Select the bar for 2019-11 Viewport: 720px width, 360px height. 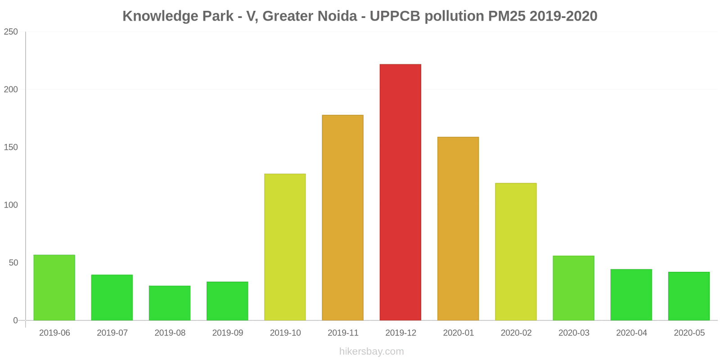[342, 218]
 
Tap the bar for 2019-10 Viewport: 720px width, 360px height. [285, 247]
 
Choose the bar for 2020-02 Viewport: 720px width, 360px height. [516, 252]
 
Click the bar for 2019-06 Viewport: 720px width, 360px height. [54, 288]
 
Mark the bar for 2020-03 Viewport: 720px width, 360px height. [573, 288]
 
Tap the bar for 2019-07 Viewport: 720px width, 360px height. [112, 297]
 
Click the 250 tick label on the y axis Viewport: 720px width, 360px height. [11, 32]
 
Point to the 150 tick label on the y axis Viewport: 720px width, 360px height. [11, 147]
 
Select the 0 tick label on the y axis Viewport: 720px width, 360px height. [15, 320]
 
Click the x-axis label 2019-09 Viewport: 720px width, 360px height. [227, 333]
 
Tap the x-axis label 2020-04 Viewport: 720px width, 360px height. [631, 333]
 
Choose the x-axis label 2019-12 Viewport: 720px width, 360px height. [400, 333]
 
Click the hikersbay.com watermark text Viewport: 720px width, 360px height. [371, 351]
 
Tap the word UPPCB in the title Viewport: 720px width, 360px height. [395, 16]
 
